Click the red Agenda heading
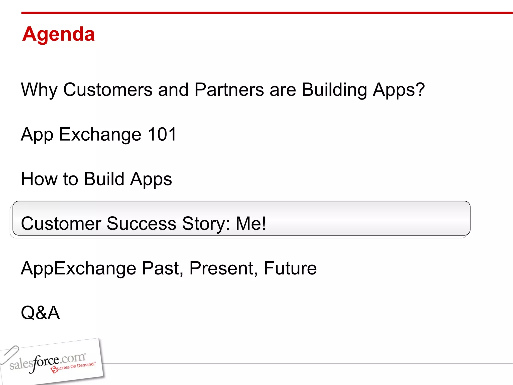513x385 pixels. [58, 34]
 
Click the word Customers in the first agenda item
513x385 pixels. [108, 89]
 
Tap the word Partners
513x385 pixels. [229, 89]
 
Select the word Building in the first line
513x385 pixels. [334, 89]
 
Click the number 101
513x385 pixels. [162, 134]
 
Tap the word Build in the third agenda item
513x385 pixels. [104, 179]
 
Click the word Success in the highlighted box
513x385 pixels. [141, 223]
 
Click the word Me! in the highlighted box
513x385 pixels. [251, 223]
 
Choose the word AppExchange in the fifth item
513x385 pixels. [78, 268]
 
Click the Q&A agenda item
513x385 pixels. [40, 313]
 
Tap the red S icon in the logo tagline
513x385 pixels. [54, 369]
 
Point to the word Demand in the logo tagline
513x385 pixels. [85, 365]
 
